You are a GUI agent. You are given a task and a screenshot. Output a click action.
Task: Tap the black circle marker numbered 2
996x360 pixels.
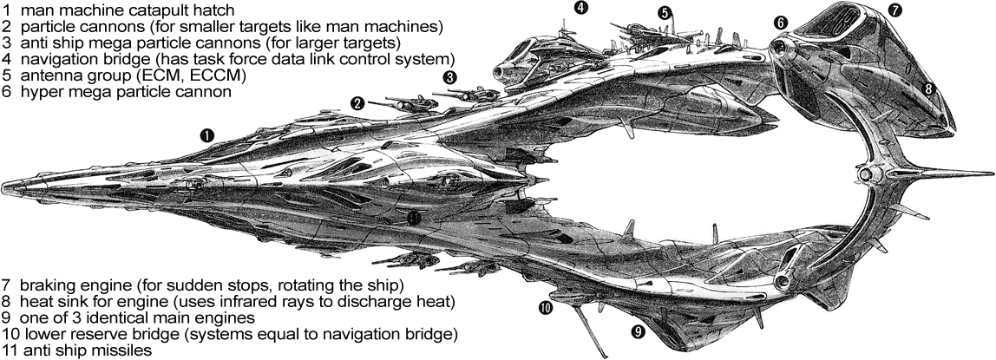point(357,102)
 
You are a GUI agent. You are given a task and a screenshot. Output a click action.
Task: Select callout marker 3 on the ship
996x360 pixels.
point(449,77)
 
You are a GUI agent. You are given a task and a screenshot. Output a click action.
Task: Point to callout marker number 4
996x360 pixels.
point(580,8)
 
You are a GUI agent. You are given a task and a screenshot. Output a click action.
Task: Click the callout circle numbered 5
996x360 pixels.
point(664,13)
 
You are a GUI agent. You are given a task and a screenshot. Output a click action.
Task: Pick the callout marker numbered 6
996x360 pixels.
point(780,23)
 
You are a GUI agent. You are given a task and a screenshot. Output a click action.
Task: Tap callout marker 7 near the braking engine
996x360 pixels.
point(895,11)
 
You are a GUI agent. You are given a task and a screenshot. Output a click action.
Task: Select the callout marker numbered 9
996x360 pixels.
point(638,331)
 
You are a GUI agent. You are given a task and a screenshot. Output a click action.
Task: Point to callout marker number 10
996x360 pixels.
point(545,307)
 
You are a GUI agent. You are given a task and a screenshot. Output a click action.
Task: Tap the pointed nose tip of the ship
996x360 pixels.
point(4,185)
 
